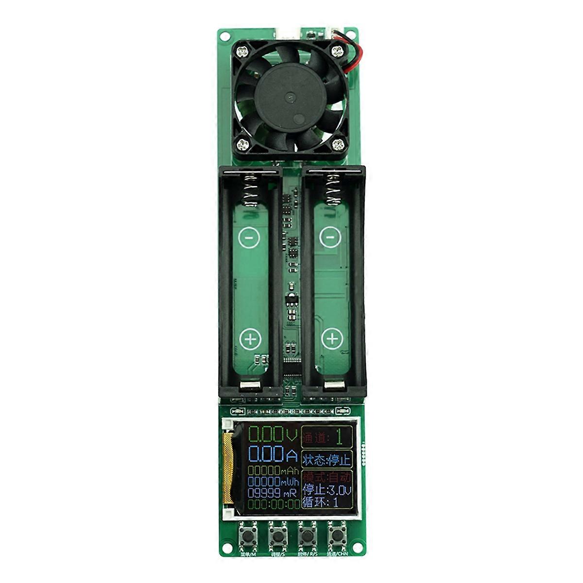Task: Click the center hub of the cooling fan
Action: pos(291,101)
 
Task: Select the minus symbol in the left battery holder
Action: pos(249,238)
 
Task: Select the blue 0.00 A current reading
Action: pos(273,455)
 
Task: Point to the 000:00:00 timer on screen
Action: pos(274,504)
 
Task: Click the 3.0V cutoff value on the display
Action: pos(338,489)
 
